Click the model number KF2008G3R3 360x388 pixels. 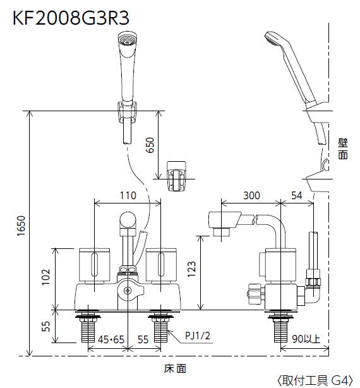(71, 18)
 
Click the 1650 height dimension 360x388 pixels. (21, 226)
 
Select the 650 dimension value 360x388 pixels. (150, 145)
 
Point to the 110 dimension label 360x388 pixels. (128, 195)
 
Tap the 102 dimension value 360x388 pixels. (45, 277)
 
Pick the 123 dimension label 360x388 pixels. (191, 269)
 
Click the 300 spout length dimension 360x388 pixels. (251, 195)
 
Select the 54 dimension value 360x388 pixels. (297, 195)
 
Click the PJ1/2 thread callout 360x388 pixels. (198, 336)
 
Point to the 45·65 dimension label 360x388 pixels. (111, 339)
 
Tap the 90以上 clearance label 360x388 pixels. (306, 339)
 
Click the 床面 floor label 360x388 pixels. (175, 368)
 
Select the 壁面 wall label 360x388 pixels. (343, 149)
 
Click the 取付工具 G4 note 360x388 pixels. (315, 380)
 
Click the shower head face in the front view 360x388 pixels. (128, 40)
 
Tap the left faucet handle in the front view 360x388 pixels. (94, 265)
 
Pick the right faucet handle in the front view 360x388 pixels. (161, 265)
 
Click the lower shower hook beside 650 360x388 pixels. (176, 176)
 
